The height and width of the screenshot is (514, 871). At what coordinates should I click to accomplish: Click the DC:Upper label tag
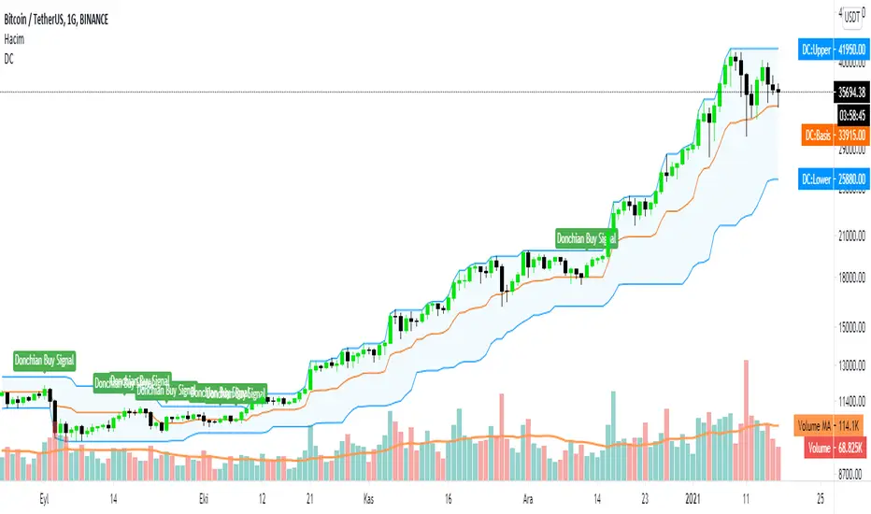click(834, 47)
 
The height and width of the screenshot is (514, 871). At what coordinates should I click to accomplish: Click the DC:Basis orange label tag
click(834, 135)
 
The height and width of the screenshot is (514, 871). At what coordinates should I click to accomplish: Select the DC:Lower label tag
click(834, 178)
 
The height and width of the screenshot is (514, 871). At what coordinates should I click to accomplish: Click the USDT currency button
click(851, 15)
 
